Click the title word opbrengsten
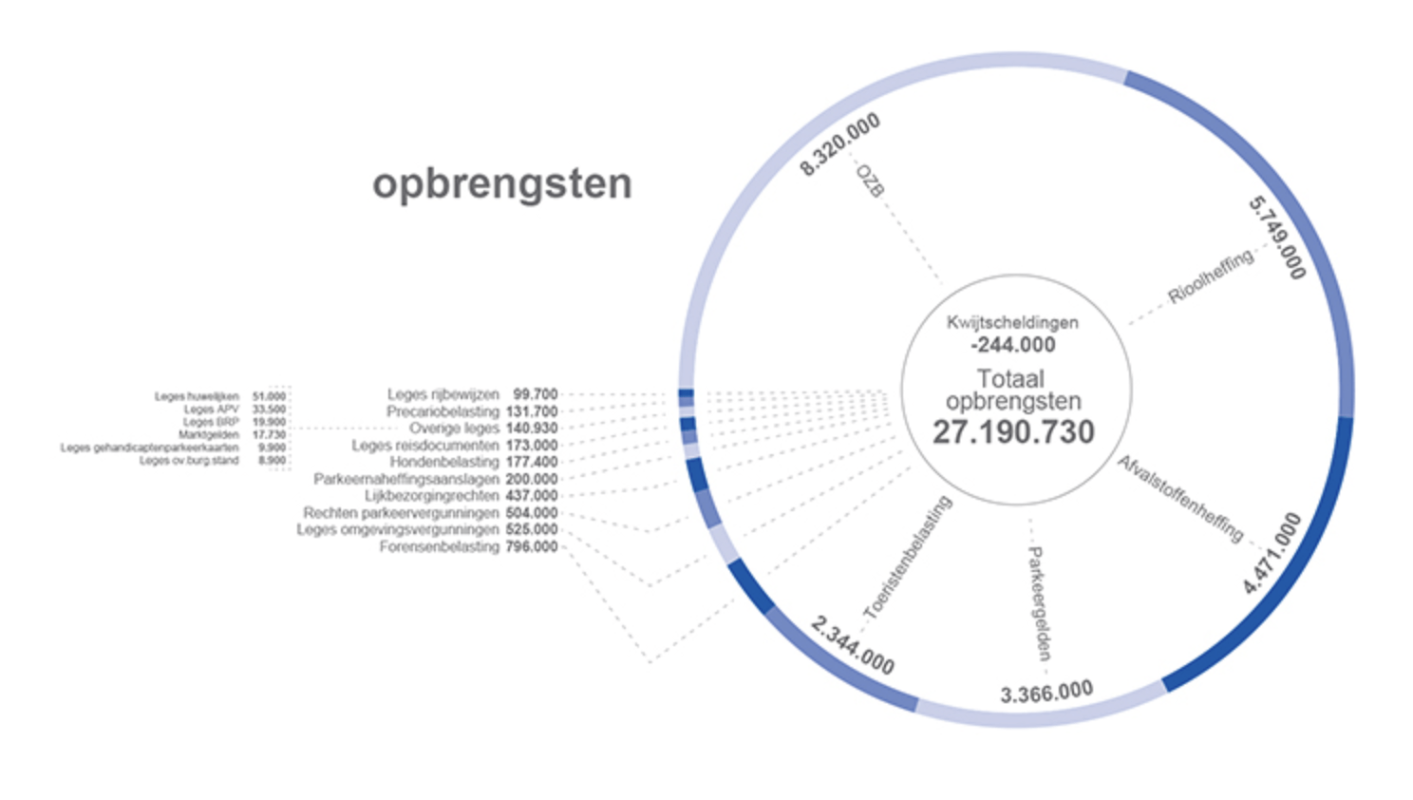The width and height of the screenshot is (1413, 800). [501, 183]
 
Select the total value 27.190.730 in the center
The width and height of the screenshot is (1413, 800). [1013, 432]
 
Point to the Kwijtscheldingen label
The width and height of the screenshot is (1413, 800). [1012, 322]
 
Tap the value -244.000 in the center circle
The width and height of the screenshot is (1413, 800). [1012, 345]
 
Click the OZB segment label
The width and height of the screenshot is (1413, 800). [870, 180]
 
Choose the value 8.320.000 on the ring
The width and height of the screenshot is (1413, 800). [839, 144]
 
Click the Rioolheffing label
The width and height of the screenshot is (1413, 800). [1211, 276]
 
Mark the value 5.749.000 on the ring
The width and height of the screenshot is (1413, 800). [1277, 238]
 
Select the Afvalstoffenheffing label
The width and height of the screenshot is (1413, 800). [1180, 499]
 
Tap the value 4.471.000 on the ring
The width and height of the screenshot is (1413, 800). [1272, 553]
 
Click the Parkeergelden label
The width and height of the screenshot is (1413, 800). [1039, 603]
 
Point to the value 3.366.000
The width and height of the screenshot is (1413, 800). [1046, 693]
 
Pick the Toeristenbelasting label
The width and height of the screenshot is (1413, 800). [908, 557]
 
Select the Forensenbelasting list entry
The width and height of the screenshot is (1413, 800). [439, 547]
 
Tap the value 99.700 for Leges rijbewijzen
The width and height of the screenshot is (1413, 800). [536, 393]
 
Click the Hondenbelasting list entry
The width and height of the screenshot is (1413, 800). [443, 462]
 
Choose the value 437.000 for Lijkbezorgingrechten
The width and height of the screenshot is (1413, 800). [532, 496]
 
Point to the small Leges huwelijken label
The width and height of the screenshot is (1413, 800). [197, 396]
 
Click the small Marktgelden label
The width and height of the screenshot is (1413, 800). [208, 434]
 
